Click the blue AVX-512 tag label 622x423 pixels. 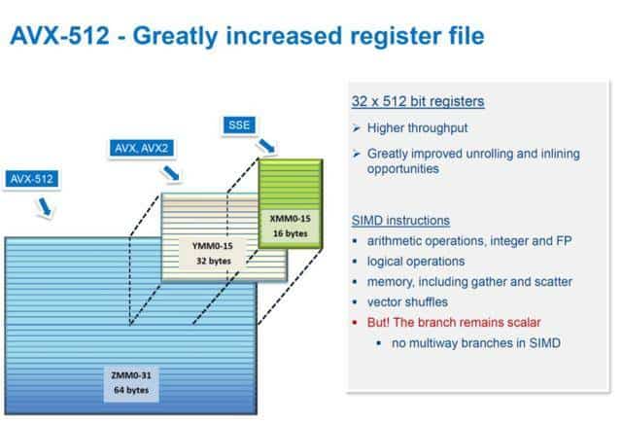point(32,179)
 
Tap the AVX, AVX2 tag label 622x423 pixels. point(141,148)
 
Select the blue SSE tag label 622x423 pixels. point(239,125)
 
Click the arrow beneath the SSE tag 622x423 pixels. point(266,146)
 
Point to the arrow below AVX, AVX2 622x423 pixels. point(171,173)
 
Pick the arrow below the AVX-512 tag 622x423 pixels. point(45,207)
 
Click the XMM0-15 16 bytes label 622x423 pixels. point(290,226)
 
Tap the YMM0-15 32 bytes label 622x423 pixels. point(212,253)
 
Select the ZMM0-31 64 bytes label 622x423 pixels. point(131,382)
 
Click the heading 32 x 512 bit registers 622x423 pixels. point(418,101)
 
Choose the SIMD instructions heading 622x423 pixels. point(400,220)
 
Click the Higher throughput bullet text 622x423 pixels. point(417,127)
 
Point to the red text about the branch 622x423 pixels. point(454,322)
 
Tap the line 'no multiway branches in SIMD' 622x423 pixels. point(476,343)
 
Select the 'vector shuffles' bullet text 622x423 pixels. point(407,302)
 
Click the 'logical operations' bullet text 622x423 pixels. point(416,262)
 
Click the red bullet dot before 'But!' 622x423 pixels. point(355,322)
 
